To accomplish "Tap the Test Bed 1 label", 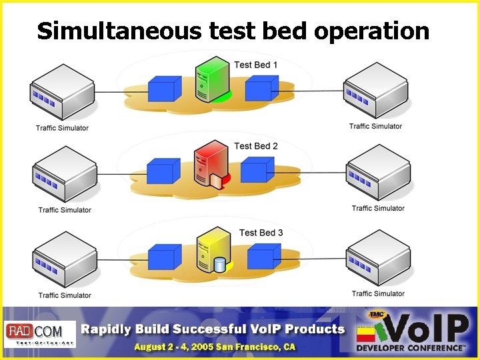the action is (x=256, y=65).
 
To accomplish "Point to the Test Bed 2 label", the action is (x=256, y=146).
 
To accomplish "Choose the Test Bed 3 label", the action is (x=261, y=233).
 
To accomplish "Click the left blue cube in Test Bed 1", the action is (x=164, y=89).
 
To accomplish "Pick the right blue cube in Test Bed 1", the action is (x=261, y=87).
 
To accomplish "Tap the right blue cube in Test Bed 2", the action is (x=257, y=169).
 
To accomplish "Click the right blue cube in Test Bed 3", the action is (x=263, y=256).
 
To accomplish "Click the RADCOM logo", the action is (x=40, y=333).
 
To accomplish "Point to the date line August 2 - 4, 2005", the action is (x=214, y=347).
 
